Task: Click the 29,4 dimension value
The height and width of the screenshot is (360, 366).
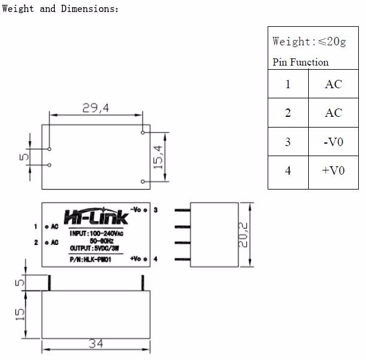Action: (x=95, y=107)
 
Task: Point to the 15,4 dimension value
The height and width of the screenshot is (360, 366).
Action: (x=158, y=157)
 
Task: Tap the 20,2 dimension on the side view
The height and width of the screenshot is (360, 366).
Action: (x=241, y=235)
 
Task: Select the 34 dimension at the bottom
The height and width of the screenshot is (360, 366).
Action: (x=95, y=345)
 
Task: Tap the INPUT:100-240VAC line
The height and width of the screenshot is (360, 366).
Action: (x=96, y=233)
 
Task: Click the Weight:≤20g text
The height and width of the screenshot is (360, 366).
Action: (x=309, y=41)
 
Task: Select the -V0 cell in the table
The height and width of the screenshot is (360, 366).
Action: (x=333, y=142)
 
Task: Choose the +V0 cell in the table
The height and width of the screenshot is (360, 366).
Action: (x=333, y=170)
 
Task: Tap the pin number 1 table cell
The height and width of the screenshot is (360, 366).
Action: (x=288, y=84)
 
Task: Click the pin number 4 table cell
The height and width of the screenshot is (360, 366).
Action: (x=288, y=170)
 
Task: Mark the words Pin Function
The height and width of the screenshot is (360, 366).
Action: (x=300, y=62)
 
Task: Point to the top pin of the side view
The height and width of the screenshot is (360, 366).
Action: (x=182, y=210)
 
